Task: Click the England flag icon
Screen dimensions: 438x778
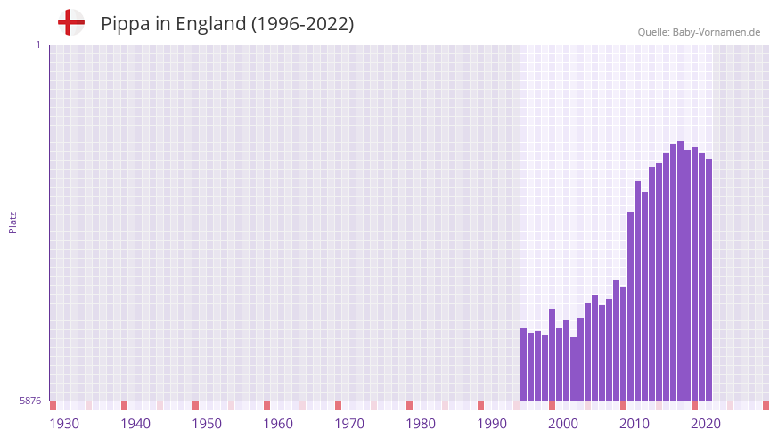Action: [x=71, y=23]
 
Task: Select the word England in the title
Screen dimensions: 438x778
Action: [x=210, y=24]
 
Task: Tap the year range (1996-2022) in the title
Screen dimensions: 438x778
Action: [x=303, y=24]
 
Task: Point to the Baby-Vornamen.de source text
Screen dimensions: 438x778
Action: [x=699, y=32]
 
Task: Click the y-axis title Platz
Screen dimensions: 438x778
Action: [x=12, y=222]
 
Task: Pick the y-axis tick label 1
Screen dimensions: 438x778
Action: [x=37, y=45]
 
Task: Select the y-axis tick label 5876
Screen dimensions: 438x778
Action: [x=30, y=401]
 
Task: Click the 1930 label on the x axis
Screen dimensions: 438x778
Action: [x=64, y=424]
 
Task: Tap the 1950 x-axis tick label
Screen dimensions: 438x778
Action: [x=207, y=424]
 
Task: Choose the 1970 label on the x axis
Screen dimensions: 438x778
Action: [x=349, y=424]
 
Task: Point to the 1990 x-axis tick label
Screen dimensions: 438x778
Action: [x=492, y=424]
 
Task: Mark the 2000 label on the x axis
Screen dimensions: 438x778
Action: [x=563, y=424]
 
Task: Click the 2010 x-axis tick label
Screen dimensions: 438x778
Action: [x=635, y=424]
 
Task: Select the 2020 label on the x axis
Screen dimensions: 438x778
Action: [x=706, y=424]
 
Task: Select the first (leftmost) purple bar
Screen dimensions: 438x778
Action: [x=523, y=365]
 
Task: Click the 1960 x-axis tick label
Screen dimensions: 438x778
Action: [x=278, y=424]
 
